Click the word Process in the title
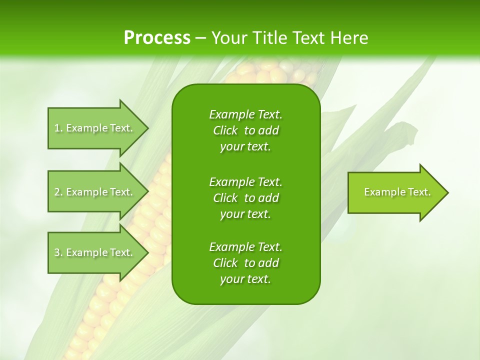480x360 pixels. point(157,38)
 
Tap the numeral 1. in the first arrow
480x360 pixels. point(58,128)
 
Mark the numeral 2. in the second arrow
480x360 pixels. point(58,192)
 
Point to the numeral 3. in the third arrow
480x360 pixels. point(58,252)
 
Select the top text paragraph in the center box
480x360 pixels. point(245,130)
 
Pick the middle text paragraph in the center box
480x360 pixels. point(245,198)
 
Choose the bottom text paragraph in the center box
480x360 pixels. point(245,263)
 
